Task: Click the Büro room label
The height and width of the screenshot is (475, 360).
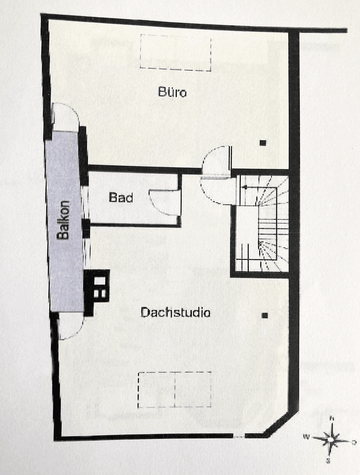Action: tap(172, 92)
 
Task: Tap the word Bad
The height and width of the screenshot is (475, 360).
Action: tap(121, 198)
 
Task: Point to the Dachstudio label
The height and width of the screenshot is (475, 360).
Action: tap(175, 313)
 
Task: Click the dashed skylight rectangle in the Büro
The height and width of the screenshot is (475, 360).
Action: tap(176, 52)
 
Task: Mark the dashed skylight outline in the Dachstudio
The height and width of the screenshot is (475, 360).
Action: tap(175, 390)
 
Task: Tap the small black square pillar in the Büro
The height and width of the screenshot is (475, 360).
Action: tap(263, 142)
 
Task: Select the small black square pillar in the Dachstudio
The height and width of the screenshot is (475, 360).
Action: tap(265, 315)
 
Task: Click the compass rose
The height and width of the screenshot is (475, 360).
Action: tap(331, 439)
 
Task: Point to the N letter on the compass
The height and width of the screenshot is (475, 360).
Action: tap(331, 419)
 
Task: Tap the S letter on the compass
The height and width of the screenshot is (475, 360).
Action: tap(328, 460)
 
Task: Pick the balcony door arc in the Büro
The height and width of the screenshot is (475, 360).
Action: tap(66, 116)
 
